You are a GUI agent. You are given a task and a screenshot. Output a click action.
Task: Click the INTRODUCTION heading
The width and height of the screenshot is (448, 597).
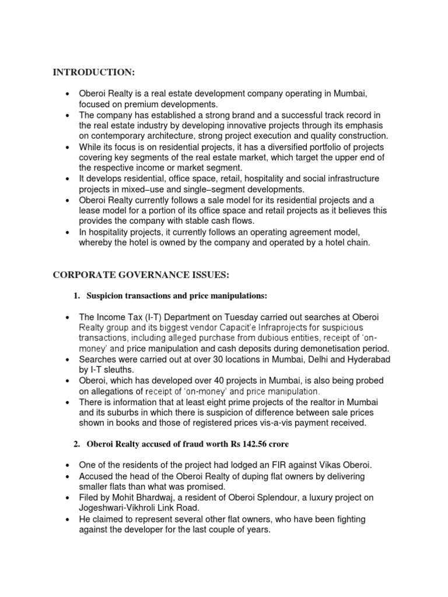(94, 72)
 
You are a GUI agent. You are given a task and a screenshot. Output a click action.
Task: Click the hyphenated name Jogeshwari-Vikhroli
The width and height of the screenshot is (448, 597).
(121, 508)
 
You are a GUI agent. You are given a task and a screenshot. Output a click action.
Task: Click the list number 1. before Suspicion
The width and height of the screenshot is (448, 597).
(76, 296)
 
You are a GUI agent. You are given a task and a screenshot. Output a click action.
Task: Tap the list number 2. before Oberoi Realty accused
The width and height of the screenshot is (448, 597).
(76, 444)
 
